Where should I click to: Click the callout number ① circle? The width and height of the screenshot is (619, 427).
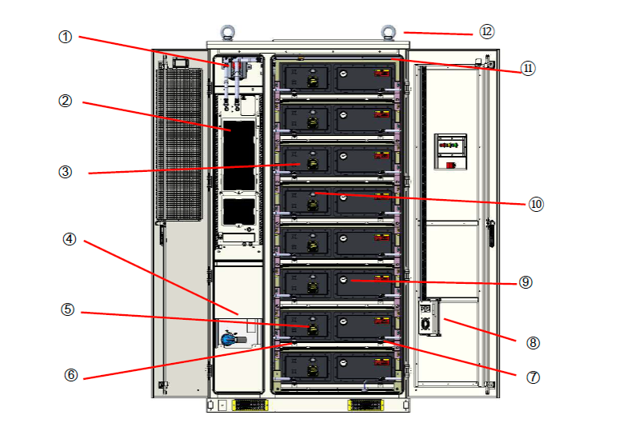[x=66, y=37]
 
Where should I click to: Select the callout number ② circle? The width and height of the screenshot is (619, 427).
[x=66, y=102]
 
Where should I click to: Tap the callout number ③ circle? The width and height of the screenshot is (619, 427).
[x=66, y=172]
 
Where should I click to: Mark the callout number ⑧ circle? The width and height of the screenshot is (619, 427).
[x=533, y=343]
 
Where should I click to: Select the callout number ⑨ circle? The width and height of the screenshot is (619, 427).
[x=525, y=282]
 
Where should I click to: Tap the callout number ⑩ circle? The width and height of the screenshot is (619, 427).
[x=536, y=204]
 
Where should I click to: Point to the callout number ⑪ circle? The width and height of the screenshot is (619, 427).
[x=527, y=69]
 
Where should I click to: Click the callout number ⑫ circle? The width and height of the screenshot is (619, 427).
[x=487, y=32]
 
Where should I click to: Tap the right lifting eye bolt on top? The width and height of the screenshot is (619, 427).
[x=389, y=34]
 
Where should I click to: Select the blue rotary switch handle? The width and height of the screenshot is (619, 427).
[x=229, y=339]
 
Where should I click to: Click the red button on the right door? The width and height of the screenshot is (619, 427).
[x=452, y=166]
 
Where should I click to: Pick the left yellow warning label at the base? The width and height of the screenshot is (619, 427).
[x=250, y=405]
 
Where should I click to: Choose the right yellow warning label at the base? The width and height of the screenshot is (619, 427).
[x=365, y=405]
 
